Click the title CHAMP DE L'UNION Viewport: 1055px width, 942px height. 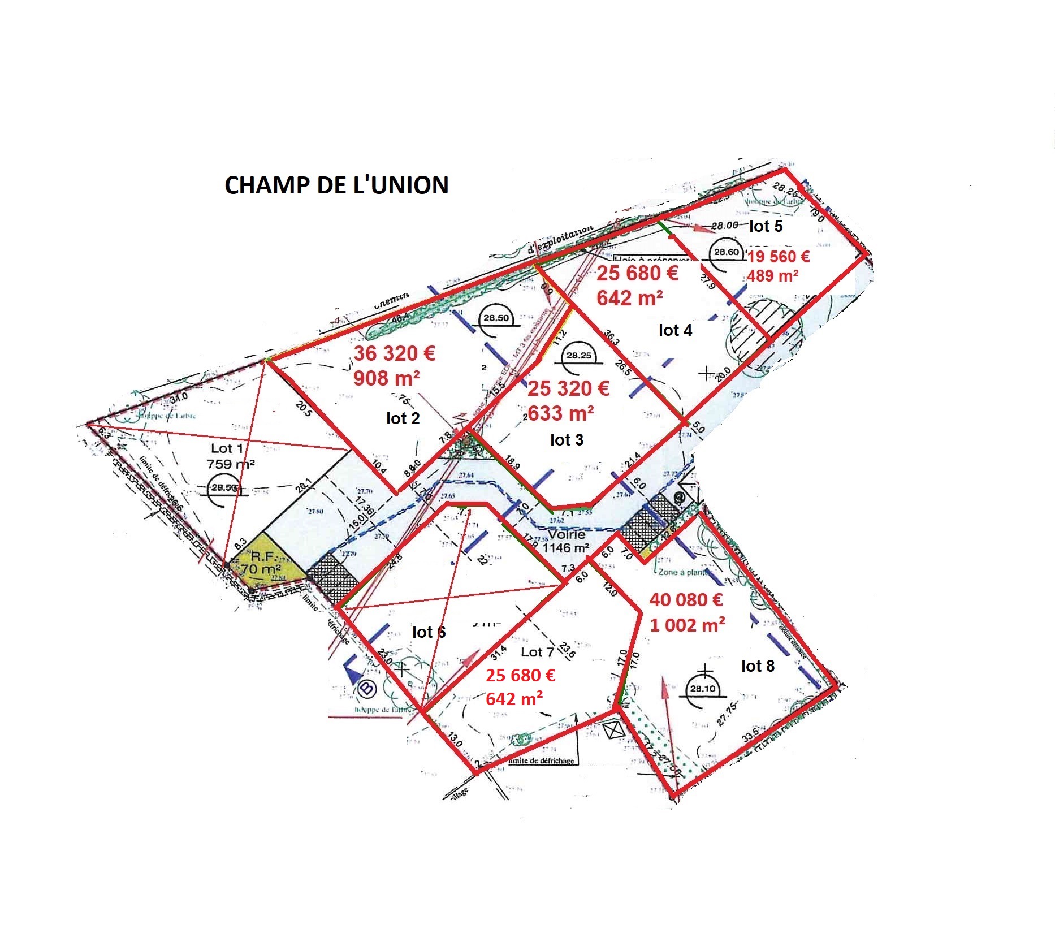coord(336,185)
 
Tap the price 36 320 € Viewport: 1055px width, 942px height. coord(394,353)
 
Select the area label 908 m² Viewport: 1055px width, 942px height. coord(387,378)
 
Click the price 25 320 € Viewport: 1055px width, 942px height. coord(568,388)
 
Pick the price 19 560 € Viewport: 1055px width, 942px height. coord(779,257)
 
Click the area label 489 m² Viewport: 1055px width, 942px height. coord(772,276)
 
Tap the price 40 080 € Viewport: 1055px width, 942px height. coord(687,599)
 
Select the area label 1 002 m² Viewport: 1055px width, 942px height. coord(688,624)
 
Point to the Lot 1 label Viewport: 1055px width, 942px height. coord(227,448)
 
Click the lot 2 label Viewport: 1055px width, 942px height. coord(403,418)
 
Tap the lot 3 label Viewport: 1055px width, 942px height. coord(567,440)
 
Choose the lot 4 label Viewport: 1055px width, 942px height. coord(675,330)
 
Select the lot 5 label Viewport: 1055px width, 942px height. coord(766,226)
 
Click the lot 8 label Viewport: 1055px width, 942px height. coord(758,666)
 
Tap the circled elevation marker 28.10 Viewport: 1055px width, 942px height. coord(702,689)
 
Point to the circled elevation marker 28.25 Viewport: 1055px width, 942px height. coord(578,356)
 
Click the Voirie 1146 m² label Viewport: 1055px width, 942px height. coord(565,541)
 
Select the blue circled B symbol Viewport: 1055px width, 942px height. coord(366,688)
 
